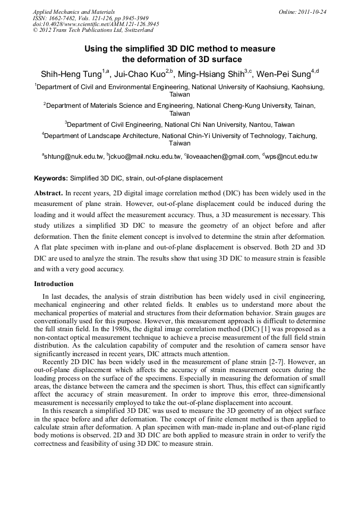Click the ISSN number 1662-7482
click(x=63, y=18)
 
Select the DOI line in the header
click(x=96, y=24)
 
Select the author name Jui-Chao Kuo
click(x=140, y=73)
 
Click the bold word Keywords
click(x=50, y=178)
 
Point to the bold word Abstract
click(x=49, y=193)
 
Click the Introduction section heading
click(x=54, y=284)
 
